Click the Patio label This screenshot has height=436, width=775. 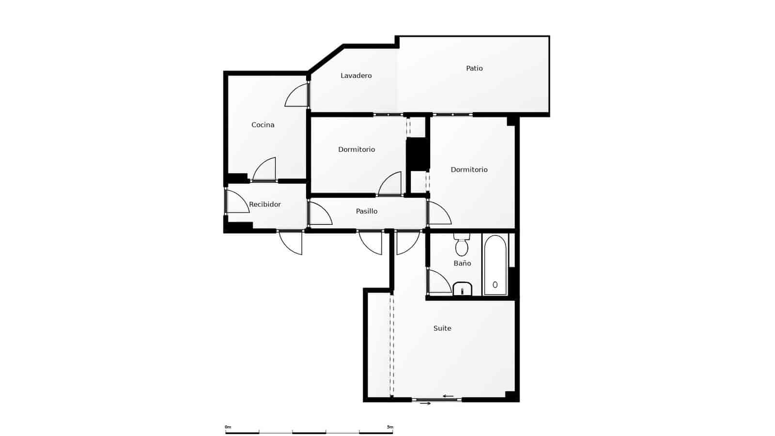474,68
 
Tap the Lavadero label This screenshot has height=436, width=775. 356,76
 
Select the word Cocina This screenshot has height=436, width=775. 263,125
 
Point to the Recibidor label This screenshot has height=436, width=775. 265,204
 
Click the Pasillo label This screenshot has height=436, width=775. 367,211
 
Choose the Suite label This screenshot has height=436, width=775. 442,328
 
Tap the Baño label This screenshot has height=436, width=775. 462,264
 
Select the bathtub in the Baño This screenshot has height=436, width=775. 495,265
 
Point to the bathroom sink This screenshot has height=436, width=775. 463,289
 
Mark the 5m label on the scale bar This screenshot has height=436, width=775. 390,427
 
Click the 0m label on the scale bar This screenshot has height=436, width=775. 228,427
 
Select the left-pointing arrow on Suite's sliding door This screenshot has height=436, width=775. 448,396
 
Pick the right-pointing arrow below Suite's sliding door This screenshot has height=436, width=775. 425,404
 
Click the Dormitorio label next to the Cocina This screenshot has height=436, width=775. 356,150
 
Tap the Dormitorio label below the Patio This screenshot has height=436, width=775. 469,170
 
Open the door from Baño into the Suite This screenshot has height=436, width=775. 438,282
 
